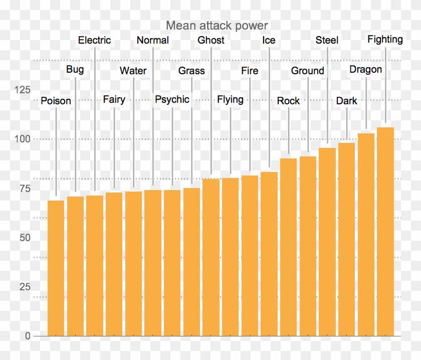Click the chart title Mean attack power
[217, 26]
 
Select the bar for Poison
[56, 268]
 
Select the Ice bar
[269, 254]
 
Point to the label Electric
[94, 40]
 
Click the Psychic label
[172, 99]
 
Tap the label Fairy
[114, 99]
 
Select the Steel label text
[327, 40]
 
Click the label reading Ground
[308, 71]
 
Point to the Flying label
[230, 99]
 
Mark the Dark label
[346, 101]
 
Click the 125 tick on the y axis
[22, 90]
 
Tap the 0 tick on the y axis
[28, 336]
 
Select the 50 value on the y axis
[25, 238]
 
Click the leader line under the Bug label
[75, 135]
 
